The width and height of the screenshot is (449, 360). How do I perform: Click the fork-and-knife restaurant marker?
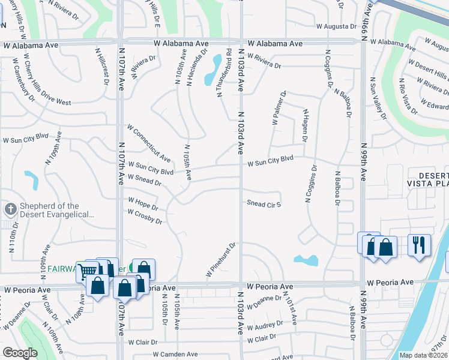click(x=419, y=245)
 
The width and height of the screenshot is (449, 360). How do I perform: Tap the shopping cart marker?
click(x=87, y=271)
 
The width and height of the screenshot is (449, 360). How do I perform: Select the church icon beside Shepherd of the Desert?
click(x=10, y=209)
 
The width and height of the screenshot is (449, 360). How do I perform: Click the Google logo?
click(x=20, y=353)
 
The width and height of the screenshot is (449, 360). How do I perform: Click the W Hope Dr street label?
click(x=142, y=204)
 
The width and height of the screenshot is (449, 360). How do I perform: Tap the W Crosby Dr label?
click(x=145, y=217)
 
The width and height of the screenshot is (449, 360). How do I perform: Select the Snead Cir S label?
click(x=264, y=203)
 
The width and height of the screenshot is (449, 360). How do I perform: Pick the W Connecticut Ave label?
click(x=149, y=143)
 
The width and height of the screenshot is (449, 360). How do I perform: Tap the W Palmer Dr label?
click(x=279, y=108)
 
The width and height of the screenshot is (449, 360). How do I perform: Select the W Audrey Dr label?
click(x=262, y=325)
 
